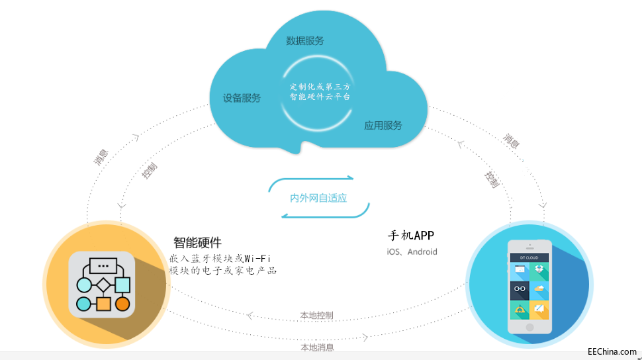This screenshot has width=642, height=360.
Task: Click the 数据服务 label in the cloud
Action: [x=305, y=41]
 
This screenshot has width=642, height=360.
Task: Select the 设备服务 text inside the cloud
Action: [x=242, y=98]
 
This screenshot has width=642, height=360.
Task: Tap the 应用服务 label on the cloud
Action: [x=383, y=125]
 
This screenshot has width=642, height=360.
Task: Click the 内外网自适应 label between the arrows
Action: [x=318, y=198]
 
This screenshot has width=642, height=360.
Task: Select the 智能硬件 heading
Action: [x=197, y=242]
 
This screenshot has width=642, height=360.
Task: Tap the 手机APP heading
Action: [x=410, y=236]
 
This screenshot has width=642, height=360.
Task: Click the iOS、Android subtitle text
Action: [x=412, y=251]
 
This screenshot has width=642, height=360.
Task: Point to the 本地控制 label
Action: [x=316, y=316]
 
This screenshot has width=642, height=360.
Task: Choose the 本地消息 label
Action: [x=317, y=347]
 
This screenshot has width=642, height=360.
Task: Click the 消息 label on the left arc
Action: [x=101, y=157]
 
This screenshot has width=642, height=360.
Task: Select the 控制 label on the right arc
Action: [x=491, y=179]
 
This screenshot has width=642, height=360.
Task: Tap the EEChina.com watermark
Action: [x=612, y=352]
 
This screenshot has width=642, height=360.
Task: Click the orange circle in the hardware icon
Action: [x=122, y=304]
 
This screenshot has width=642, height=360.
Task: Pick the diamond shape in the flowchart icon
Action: [x=103, y=286]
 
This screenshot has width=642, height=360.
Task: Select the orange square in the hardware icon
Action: [x=103, y=304]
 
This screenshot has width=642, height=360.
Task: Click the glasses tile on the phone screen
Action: [x=518, y=289]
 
